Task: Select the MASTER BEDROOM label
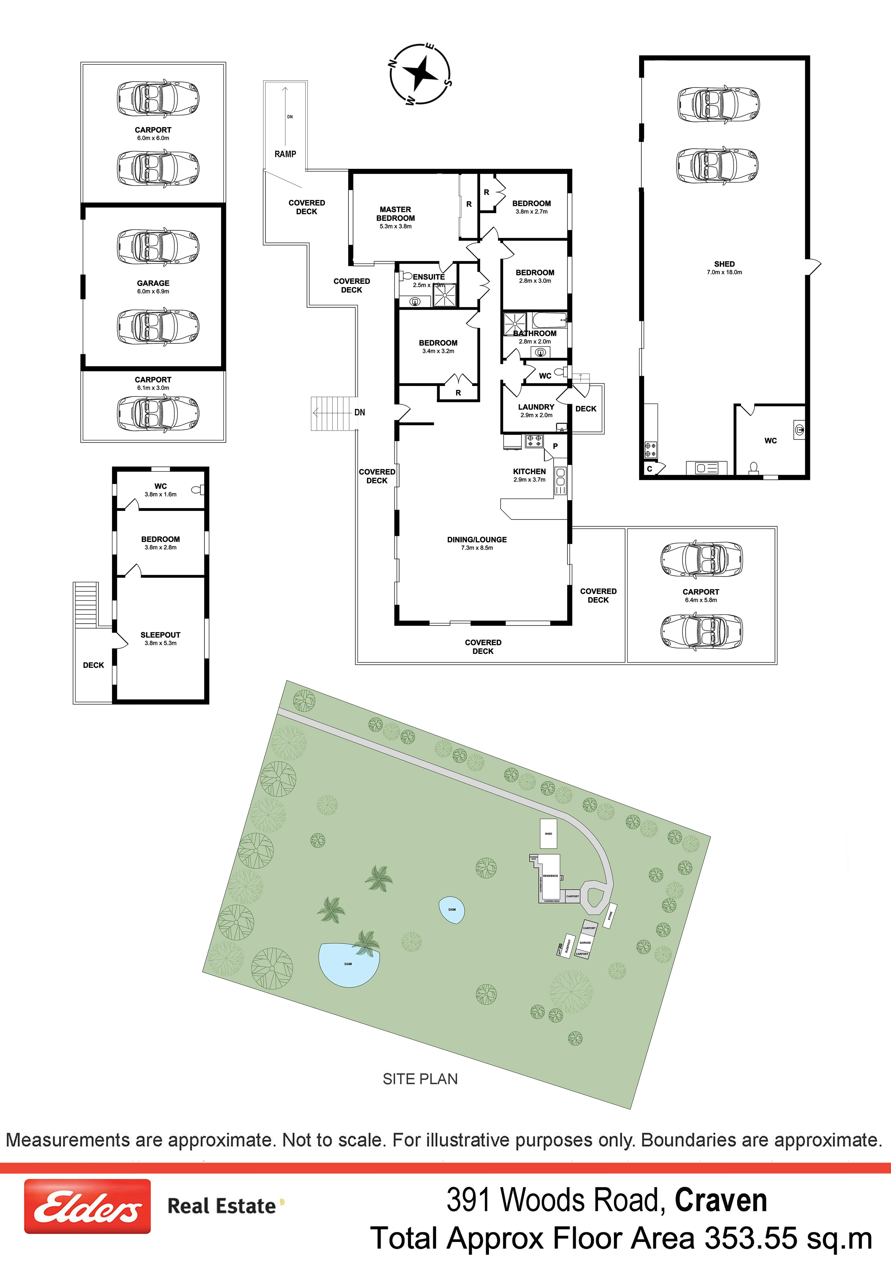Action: (x=395, y=214)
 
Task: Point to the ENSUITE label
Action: (x=429, y=277)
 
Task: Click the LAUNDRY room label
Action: (x=536, y=407)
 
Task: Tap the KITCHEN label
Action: (x=529, y=471)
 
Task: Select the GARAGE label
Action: (x=153, y=283)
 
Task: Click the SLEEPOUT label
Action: (x=160, y=635)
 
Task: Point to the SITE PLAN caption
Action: (x=420, y=1079)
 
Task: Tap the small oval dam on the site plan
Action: (x=452, y=909)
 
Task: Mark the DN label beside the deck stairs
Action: (x=360, y=412)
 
